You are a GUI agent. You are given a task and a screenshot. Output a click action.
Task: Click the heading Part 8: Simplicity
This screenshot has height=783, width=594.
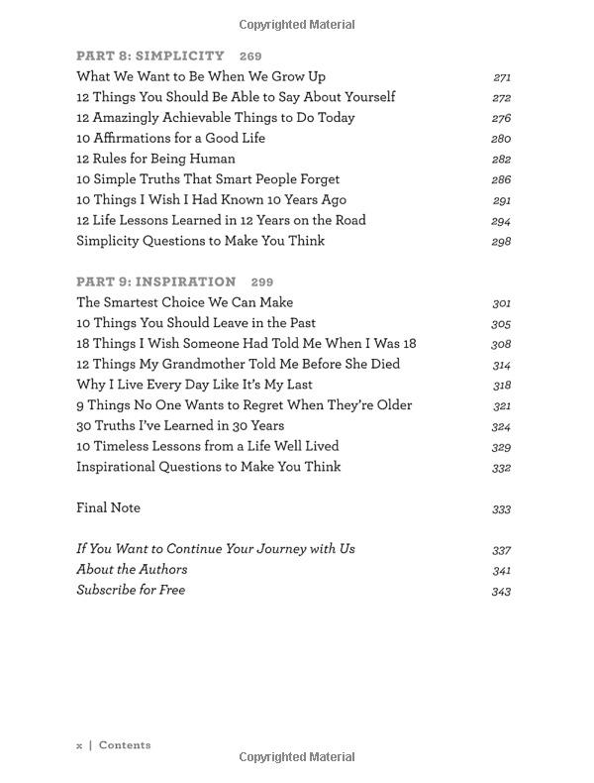[x=150, y=56]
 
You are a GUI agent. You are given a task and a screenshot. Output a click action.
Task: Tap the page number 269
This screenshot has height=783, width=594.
[x=249, y=56]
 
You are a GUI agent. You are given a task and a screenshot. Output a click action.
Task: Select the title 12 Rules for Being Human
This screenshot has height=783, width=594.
[x=155, y=159]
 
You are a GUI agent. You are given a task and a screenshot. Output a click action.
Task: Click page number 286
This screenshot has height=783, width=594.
[x=501, y=180]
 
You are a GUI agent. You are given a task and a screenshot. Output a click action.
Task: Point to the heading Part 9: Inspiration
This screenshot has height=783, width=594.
[x=156, y=281]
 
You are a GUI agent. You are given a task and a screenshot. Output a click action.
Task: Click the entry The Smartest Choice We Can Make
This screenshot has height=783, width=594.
[x=184, y=302]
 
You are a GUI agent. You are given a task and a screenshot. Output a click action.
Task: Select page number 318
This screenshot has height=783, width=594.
[x=501, y=386]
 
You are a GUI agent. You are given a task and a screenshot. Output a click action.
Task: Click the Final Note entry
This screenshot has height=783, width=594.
[x=108, y=507]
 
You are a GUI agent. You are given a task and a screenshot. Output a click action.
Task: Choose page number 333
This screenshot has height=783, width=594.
[x=501, y=509]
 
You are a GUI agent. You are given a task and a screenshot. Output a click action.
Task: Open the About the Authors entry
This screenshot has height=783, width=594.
[x=132, y=569]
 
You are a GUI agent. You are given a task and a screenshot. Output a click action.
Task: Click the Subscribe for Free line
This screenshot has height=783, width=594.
[x=131, y=590]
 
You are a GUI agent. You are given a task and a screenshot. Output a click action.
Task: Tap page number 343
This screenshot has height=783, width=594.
[x=501, y=592]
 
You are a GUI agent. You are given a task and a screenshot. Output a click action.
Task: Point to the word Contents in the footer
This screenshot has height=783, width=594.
[x=125, y=745]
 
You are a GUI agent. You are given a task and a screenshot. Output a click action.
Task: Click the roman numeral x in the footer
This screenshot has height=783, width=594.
[x=79, y=745]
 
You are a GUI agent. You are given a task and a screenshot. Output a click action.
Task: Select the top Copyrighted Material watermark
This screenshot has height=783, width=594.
[x=297, y=24]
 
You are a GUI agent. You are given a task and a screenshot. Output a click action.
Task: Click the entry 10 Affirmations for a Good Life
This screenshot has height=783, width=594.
[x=170, y=138]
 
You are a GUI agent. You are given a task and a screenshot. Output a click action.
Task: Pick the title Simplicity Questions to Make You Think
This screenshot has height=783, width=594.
[x=200, y=241]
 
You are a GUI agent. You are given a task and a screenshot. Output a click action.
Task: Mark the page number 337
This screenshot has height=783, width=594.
[x=501, y=550]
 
